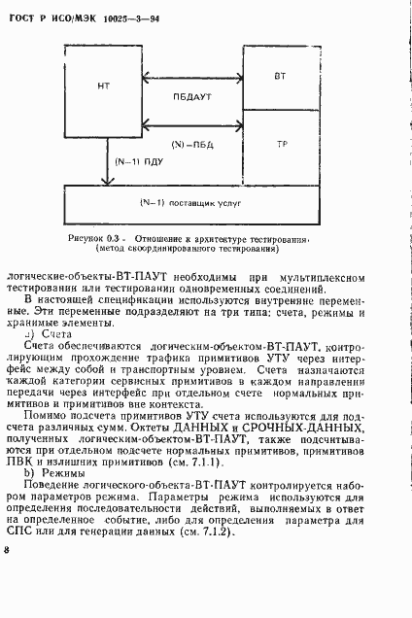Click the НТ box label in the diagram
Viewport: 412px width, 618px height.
[105, 86]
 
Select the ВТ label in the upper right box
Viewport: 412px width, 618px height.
[280, 75]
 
